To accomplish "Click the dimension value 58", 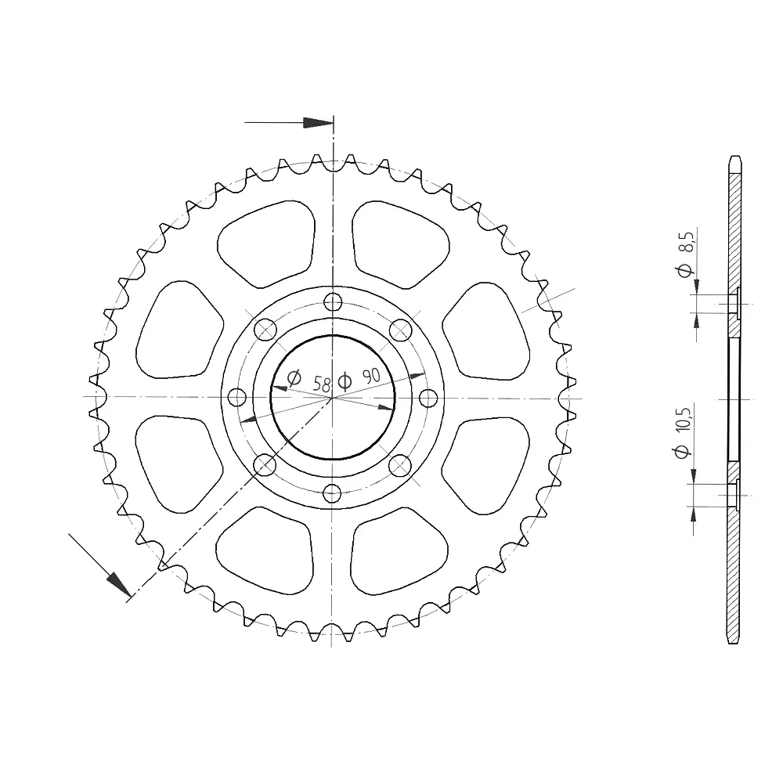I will [x=321, y=384].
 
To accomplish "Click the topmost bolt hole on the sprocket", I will [x=333, y=301].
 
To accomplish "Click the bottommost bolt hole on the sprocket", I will [x=333, y=493].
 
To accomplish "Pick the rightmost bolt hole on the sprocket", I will [x=428, y=398].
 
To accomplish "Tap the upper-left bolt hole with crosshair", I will [x=265, y=330].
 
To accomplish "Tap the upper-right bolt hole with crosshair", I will [x=400, y=330].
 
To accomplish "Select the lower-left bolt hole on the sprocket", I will [x=265, y=466].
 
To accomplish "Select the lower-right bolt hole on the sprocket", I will [x=400, y=466].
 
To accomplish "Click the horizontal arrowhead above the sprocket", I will [x=318, y=123].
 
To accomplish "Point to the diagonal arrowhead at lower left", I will [x=118, y=584].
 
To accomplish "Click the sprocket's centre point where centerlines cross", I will [x=333, y=398].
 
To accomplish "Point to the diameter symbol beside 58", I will [x=294, y=379].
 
